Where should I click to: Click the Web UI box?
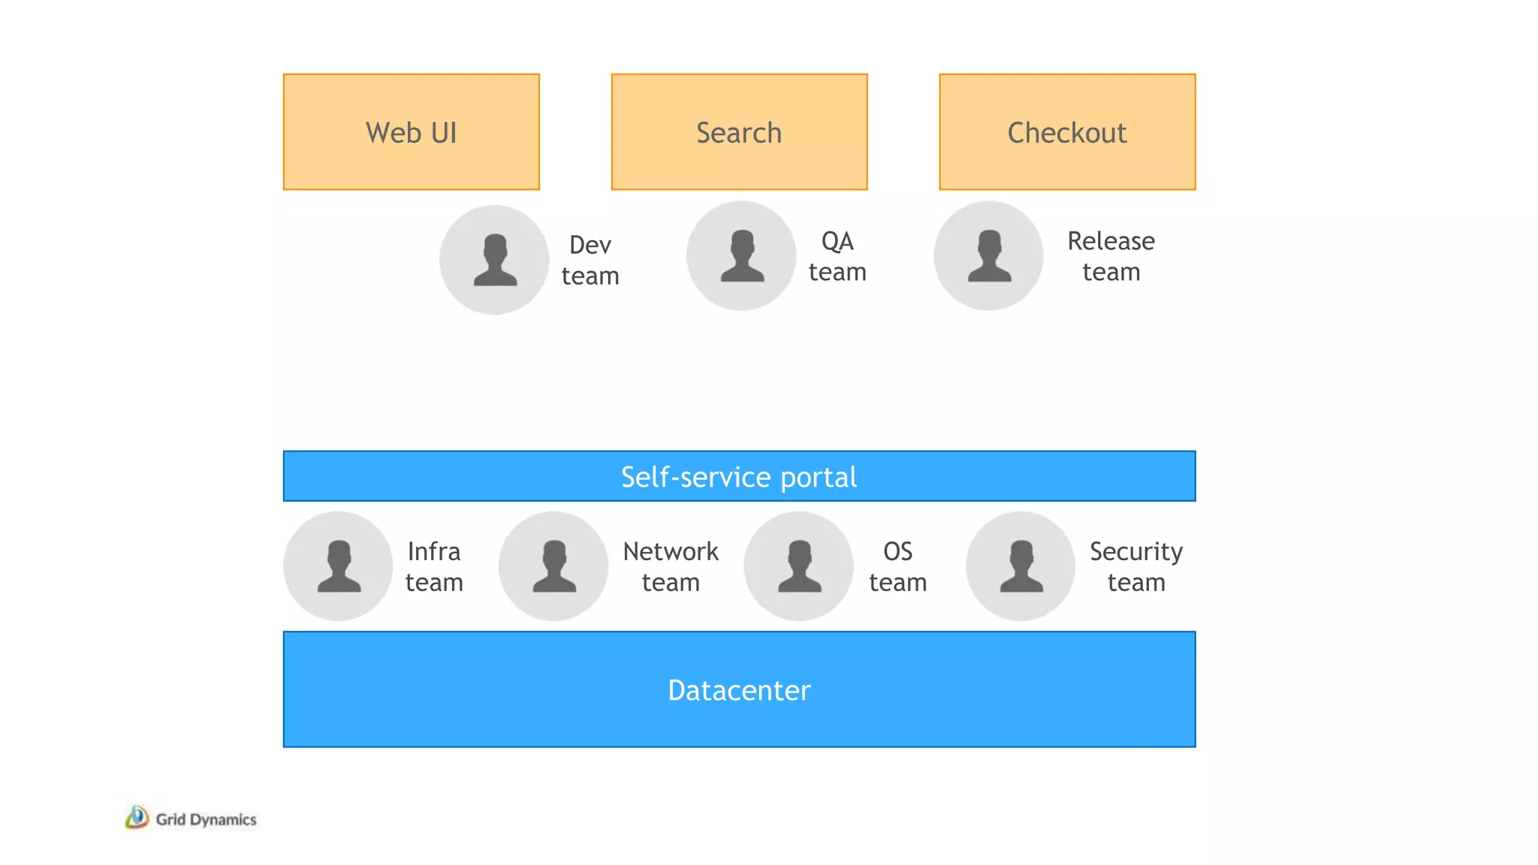tap(411, 131)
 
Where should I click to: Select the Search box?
tap(739, 131)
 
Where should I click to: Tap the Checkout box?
tap(1067, 131)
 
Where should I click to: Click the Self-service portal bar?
tap(739, 476)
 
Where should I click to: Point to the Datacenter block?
tap(739, 689)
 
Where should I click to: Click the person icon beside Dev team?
tap(494, 260)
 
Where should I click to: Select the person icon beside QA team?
tap(741, 256)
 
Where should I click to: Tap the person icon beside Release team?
tap(988, 256)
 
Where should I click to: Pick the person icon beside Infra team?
tap(338, 566)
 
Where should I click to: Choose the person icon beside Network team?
tap(553, 566)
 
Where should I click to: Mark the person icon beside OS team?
tap(798, 566)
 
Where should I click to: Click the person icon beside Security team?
tap(1021, 566)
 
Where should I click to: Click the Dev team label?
tap(590, 260)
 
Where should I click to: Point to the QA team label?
tap(837, 256)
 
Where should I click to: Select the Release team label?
tap(1111, 256)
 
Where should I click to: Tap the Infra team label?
tap(434, 566)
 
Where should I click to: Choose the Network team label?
tap(671, 566)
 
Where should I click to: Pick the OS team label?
tap(897, 566)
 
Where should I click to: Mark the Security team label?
tap(1135, 566)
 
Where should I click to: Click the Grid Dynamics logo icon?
tap(137, 817)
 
